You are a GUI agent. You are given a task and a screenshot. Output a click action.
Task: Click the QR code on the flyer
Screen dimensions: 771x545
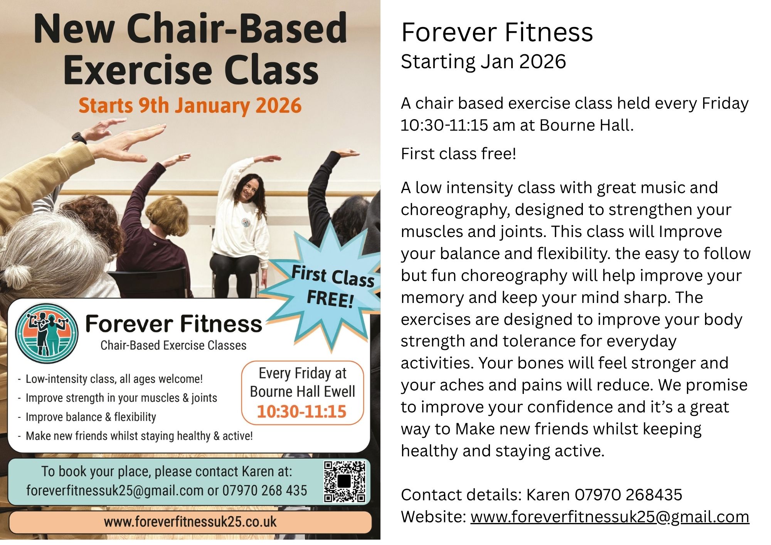pos(345,481)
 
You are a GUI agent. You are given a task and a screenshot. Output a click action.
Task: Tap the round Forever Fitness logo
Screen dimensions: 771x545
pos(47,333)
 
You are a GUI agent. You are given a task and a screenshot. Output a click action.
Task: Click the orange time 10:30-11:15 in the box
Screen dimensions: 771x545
pos(302,412)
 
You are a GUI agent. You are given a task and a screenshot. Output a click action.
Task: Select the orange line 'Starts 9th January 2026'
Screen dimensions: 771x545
pos(190,106)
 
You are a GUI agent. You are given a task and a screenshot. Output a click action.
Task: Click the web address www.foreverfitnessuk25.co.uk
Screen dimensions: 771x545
pos(190,522)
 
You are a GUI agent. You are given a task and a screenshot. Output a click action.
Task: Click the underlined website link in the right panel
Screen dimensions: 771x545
pos(609,517)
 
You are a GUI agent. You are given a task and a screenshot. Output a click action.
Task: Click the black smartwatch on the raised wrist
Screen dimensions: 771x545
pos(79,138)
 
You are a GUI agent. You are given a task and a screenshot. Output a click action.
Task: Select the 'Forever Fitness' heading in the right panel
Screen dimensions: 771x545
pos(497,32)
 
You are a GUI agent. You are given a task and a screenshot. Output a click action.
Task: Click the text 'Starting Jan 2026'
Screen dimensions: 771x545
pos(483,62)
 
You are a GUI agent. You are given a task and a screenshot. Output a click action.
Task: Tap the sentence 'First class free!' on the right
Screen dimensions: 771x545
pos(458,154)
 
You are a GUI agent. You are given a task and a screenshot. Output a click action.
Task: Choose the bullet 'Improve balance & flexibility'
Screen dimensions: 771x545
pos(91,417)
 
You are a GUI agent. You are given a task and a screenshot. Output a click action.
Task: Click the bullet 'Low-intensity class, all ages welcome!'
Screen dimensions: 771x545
pos(114,379)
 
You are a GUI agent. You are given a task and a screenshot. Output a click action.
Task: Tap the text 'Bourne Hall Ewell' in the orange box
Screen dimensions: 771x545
pos(303,392)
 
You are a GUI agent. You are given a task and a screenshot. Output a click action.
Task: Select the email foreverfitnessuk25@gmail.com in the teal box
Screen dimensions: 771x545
pos(115,491)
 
